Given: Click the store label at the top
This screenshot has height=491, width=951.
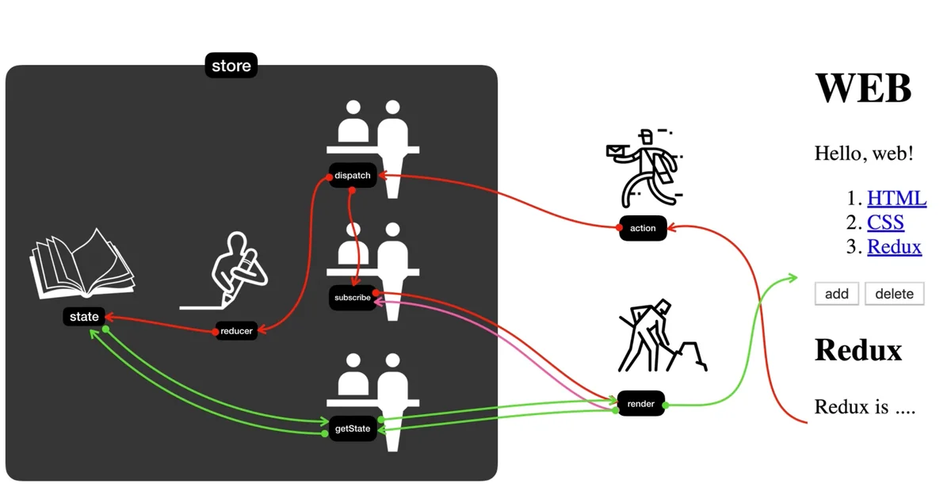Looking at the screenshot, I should pyautogui.click(x=231, y=66).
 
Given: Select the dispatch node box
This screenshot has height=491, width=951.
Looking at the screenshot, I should pyautogui.click(x=353, y=176).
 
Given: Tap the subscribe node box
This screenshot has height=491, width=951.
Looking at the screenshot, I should pyautogui.click(x=353, y=298).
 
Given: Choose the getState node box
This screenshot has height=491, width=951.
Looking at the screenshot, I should pyautogui.click(x=353, y=428).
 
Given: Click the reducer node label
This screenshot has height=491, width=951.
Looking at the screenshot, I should pyautogui.click(x=236, y=331).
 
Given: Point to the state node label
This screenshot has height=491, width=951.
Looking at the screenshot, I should pyautogui.click(x=84, y=317).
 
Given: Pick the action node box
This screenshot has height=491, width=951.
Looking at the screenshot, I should pyautogui.click(x=643, y=228).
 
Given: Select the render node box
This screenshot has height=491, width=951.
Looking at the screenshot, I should pyautogui.click(x=640, y=404).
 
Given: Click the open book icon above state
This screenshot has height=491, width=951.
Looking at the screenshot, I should pyautogui.click(x=81, y=262).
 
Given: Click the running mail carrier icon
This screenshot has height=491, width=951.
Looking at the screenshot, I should pyautogui.click(x=644, y=168).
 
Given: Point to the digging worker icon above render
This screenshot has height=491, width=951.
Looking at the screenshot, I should pyautogui.click(x=659, y=336).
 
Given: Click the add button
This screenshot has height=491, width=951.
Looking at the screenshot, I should pyautogui.click(x=837, y=294).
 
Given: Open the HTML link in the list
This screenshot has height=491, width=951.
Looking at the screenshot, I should pyautogui.click(x=896, y=198).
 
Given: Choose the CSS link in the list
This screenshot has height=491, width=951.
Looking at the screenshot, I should pyautogui.click(x=885, y=223).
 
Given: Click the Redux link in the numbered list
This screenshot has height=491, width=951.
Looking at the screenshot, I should pyautogui.click(x=894, y=246).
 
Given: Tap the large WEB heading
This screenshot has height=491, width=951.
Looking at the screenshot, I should pyautogui.click(x=863, y=87).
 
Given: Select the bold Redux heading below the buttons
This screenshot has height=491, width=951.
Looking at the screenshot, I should pyautogui.click(x=858, y=350).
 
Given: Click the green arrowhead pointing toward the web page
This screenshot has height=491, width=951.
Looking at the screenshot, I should pyautogui.click(x=792, y=277).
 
